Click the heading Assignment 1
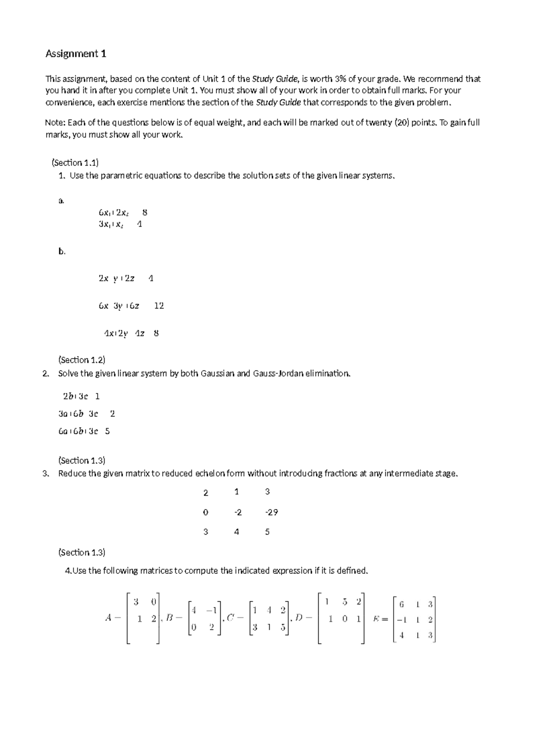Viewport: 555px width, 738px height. coord(76,54)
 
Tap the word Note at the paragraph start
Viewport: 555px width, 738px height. coord(55,123)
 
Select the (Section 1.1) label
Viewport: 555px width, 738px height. coord(75,162)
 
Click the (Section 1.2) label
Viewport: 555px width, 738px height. coord(81,360)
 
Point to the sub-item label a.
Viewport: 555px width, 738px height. coord(61,201)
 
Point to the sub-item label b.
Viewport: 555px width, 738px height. coord(62,252)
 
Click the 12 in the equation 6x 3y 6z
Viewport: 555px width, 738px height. coord(159,306)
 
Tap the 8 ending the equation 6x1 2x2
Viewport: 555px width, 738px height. coord(145,213)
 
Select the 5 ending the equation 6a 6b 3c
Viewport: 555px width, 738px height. coord(107,431)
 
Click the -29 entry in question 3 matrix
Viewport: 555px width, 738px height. coord(271,512)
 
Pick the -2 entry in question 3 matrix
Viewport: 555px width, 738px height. coord(237,512)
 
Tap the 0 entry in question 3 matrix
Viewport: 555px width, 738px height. coord(205,512)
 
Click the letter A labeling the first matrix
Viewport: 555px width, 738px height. coord(108,618)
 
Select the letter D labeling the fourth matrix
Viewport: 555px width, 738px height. coord(298,618)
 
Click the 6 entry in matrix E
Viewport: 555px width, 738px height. coord(401,604)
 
